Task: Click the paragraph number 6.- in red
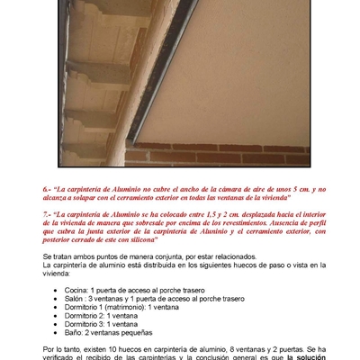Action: click(48, 190)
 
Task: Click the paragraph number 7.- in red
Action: click(48, 214)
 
